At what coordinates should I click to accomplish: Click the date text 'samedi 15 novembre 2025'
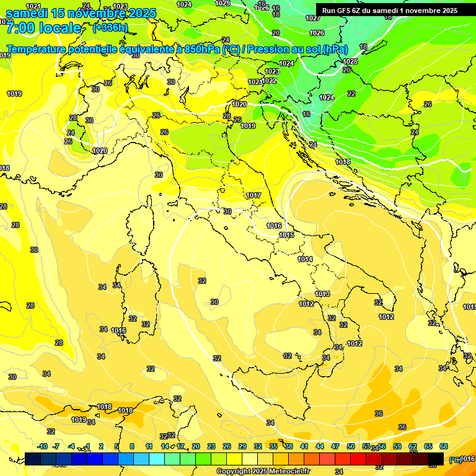tap(81, 12)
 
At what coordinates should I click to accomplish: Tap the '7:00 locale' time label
tap(43, 28)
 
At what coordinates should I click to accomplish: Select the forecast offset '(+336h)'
tap(110, 27)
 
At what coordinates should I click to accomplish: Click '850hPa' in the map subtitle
tap(202, 49)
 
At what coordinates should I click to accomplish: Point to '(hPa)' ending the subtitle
tap(335, 49)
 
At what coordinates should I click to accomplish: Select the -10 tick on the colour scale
tap(42, 446)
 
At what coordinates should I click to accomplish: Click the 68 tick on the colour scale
tap(444, 446)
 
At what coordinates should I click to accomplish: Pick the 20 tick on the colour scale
tap(196, 446)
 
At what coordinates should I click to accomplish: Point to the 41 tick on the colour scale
tap(304, 446)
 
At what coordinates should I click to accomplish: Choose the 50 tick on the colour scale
tap(351, 446)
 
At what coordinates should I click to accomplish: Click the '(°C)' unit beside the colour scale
tap(455, 459)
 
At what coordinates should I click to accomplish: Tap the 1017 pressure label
tap(253, 195)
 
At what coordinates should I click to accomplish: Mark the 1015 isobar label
tap(286, 235)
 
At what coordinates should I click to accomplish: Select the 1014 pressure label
tap(305, 259)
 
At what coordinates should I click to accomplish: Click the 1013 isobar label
tap(322, 294)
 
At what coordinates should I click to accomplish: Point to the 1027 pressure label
tap(313, 18)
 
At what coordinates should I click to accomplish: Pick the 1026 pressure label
tap(317, 33)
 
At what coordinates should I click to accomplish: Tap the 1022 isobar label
tap(270, 81)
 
